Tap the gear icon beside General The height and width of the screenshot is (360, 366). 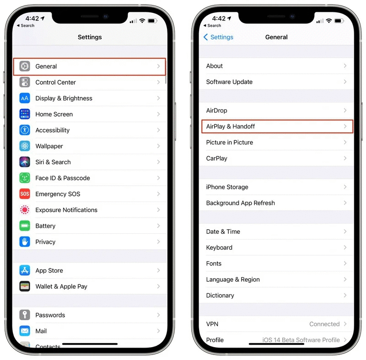pyautogui.click(x=25, y=66)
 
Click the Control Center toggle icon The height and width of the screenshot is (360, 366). pyautogui.click(x=25, y=82)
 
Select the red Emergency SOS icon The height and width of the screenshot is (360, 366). pyautogui.click(x=25, y=194)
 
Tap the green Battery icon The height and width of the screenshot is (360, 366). pyautogui.click(x=25, y=226)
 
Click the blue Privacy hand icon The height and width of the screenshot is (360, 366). pyautogui.click(x=25, y=242)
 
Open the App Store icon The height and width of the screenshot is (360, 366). pyautogui.click(x=25, y=270)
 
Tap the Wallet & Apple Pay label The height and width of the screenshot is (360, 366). pyautogui.click(x=61, y=286)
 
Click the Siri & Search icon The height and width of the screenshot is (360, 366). pyautogui.click(x=25, y=162)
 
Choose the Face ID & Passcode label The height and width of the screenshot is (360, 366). pyautogui.click(x=63, y=178)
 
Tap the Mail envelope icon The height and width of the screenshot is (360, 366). pyautogui.click(x=25, y=331)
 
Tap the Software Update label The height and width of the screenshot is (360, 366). pyautogui.click(x=229, y=82)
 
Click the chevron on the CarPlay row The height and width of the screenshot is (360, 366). pyautogui.click(x=345, y=158)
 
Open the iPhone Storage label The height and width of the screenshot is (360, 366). pyautogui.click(x=227, y=187)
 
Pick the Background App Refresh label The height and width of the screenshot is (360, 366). pyautogui.click(x=240, y=203)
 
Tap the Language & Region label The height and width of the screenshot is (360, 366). pyautogui.click(x=233, y=279)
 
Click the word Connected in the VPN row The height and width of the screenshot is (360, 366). pyautogui.click(x=324, y=324)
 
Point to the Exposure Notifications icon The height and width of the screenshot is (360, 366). pyautogui.click(x=25, y=210)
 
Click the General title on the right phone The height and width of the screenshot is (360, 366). pyautogui.click(x=276, y=37)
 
